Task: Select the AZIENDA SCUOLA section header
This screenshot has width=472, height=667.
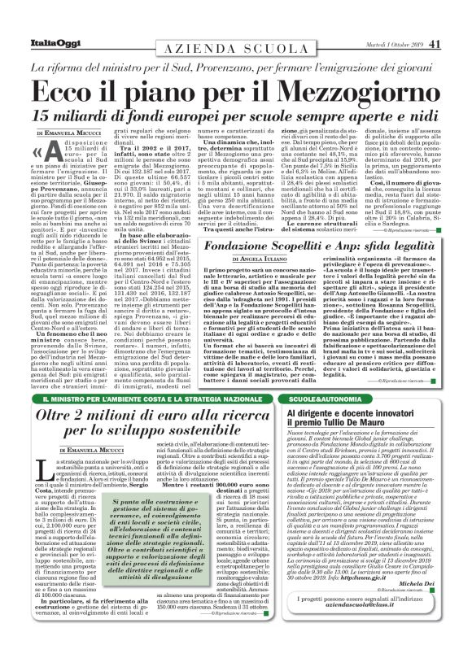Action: pos(235,49)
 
